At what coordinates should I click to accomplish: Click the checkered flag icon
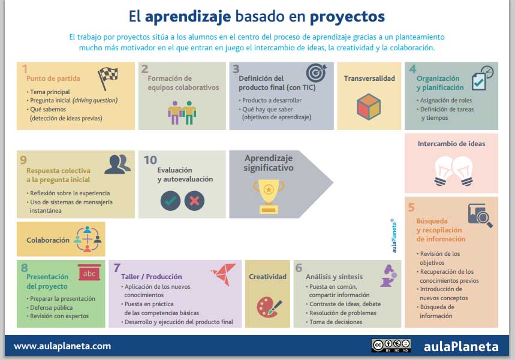coord(109,76)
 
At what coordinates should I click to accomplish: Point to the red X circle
coord(194,200)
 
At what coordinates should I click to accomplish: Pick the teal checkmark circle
coord(170,200)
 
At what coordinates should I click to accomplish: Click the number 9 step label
coord(23,159)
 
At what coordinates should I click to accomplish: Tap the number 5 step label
coord(411,208)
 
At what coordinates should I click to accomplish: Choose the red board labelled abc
coord(89,274)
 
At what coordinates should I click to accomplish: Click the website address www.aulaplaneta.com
coord(62,346)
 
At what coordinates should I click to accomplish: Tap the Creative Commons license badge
coord(391,345)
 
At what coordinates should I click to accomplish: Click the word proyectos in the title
coord(348,16)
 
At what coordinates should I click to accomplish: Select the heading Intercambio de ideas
coord(451,144)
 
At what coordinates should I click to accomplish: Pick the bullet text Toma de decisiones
coord(335,322)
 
